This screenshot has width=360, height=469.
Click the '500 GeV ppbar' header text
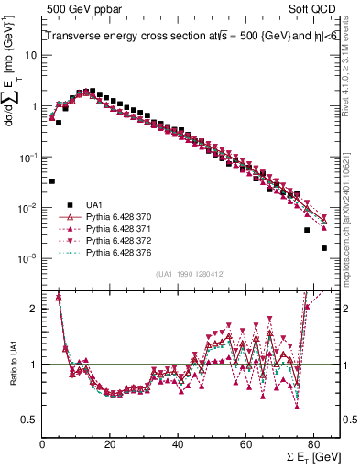[79, 9]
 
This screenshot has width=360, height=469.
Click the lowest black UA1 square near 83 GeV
[323, 248]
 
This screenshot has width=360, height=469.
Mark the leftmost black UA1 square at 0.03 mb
[52, 181]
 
